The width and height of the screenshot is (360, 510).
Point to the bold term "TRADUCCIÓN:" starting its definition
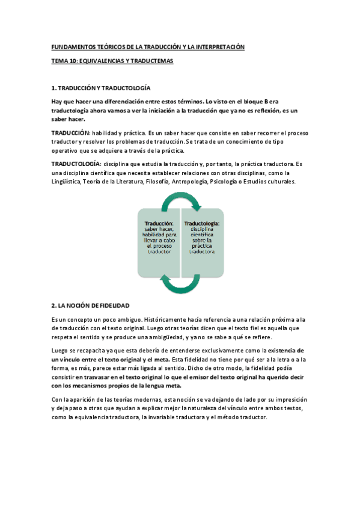click(x=70, y=132)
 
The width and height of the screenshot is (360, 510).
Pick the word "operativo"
click(x=67, y=150)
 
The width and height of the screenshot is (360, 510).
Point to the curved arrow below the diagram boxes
click(x=180, y=283)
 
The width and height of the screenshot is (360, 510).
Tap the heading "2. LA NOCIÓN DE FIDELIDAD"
click(x=90, y=306)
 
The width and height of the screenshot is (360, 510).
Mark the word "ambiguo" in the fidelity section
click(x=114, y=319)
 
